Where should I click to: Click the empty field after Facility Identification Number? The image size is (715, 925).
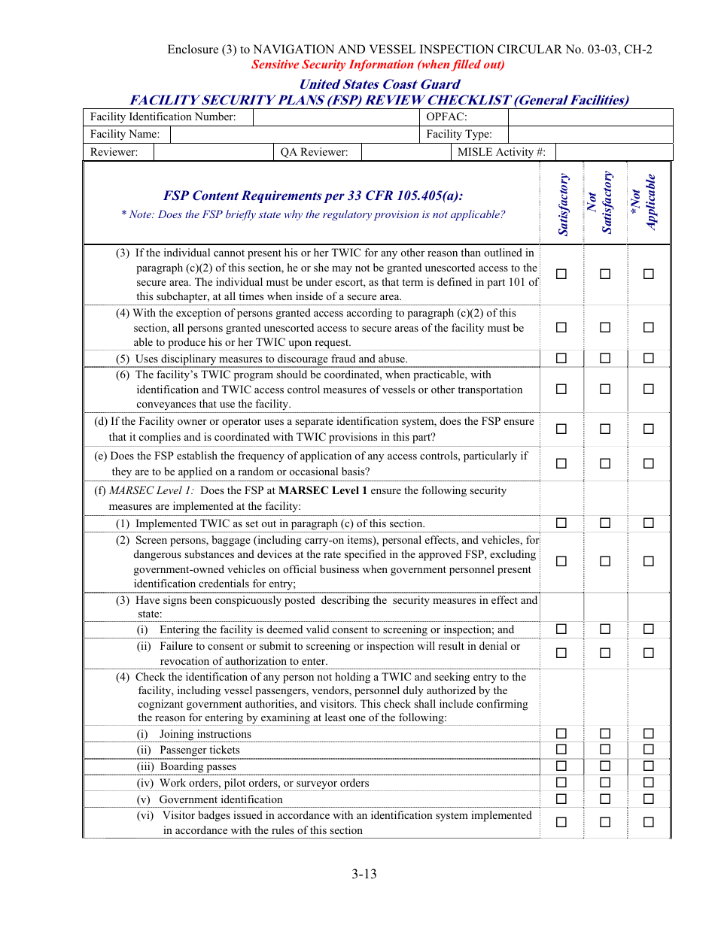pos(336,117)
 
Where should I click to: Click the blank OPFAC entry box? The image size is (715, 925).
pos(590,117)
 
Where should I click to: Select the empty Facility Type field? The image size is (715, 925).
pos(590,135)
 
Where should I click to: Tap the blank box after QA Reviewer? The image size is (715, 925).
pos(405,152)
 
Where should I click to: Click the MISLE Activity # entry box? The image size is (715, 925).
pos(613,152)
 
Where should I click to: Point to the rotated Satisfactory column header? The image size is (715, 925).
pos(563,205)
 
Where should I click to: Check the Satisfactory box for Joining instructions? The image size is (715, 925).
pos(561,733)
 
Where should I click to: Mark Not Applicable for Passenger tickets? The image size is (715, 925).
pos(649,750)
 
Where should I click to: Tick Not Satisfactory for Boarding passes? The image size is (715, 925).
pos(605,766)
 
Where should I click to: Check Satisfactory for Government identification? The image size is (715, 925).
pos(561,799)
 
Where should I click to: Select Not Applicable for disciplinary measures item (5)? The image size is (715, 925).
pos(649,358)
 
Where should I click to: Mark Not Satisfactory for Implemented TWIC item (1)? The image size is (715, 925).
pos(605,523)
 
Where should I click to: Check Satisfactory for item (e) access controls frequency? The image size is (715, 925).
pos(561,463)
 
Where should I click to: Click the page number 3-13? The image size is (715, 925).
pos(364,874)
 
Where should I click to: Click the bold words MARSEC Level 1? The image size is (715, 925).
pos(323,490)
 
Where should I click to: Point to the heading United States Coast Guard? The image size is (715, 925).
pos(379,84)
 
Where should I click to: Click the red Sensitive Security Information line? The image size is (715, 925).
pos(378,65)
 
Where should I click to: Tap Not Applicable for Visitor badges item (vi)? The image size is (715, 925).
pos(649,822)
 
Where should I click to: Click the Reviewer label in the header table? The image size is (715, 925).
pos(114,152)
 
